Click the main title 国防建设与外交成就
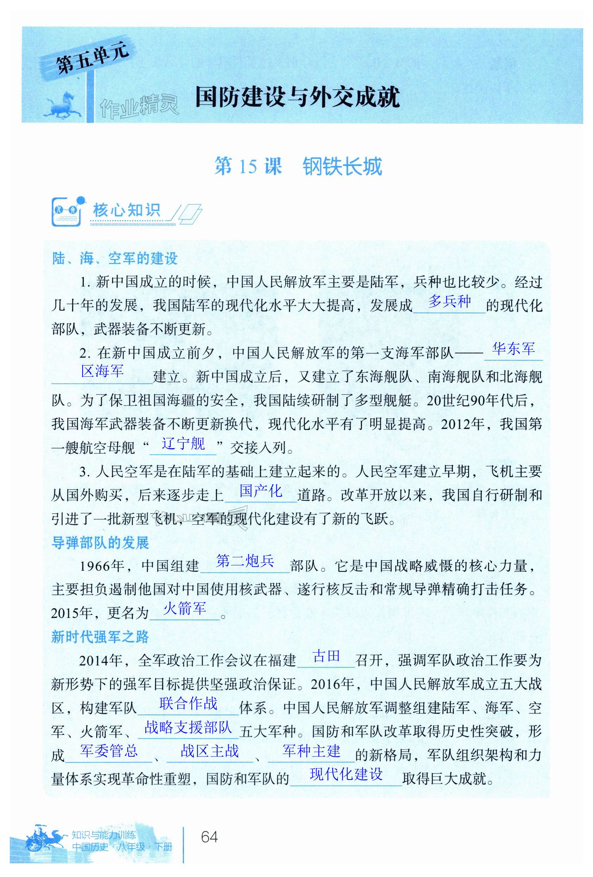coord(297,97)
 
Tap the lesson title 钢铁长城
coord(342,166)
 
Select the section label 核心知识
coord(127,211)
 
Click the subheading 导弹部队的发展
coord(100,543)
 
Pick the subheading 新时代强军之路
coord(100,637)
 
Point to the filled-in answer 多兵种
coord(449,301)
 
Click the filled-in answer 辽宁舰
coord(183,443)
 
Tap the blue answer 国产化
coord(261,491)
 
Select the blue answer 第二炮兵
coord(245,561)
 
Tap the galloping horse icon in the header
coord(63,104)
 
